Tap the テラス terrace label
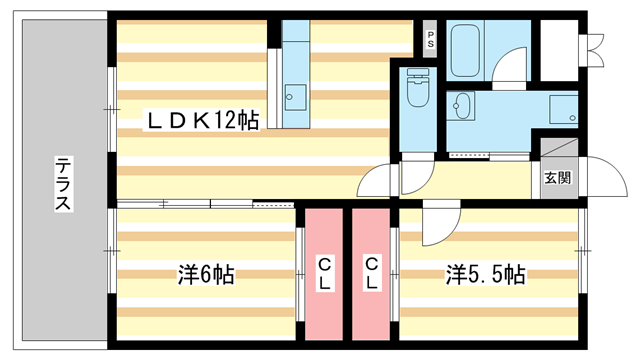pos(63,184)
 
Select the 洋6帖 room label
pos(206,274)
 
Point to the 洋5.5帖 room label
pos(485,274)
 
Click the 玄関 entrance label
pos(558,178)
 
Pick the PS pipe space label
pos(430,39)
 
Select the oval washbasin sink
pos(461,106)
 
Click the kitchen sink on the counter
pos(295,97)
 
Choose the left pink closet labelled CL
pos(324,274)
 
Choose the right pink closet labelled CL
pos(371,274)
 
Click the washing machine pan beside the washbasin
pos(563,109)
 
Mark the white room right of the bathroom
pos(559,50)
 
